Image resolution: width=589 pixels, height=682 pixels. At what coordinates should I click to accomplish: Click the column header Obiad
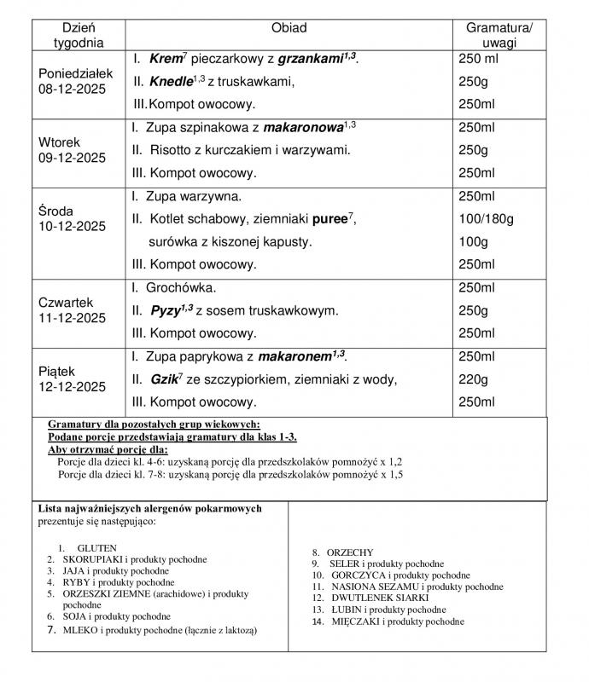click(289, 28)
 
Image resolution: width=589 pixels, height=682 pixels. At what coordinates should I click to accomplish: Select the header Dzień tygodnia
click(78, 35)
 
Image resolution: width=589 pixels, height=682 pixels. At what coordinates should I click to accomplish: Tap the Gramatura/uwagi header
click(499, 35)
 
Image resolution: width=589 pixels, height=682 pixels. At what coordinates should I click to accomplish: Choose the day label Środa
click(56, 211)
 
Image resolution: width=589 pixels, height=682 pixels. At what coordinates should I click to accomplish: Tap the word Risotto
click(172, 150)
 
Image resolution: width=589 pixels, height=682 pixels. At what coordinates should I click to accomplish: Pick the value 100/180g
click(487, 219)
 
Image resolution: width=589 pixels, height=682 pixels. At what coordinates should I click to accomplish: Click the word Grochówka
click(181, 288)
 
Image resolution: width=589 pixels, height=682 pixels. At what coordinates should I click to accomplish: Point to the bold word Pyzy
click(166, 310)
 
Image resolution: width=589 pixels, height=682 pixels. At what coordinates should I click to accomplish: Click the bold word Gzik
click(164, 379)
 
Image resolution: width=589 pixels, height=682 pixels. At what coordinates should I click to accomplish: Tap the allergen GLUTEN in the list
click(96, 547)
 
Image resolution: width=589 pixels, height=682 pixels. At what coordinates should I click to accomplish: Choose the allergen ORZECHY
click(350, 552)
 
